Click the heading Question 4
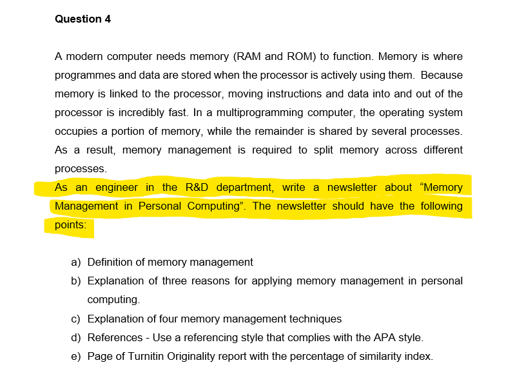coord(83,19)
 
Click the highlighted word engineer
coord(117,188)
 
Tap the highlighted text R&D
coord(197,188)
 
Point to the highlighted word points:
coord(70,225)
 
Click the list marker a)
coord(76,262)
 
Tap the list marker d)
coord(76,337)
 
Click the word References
coord(115,337)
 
